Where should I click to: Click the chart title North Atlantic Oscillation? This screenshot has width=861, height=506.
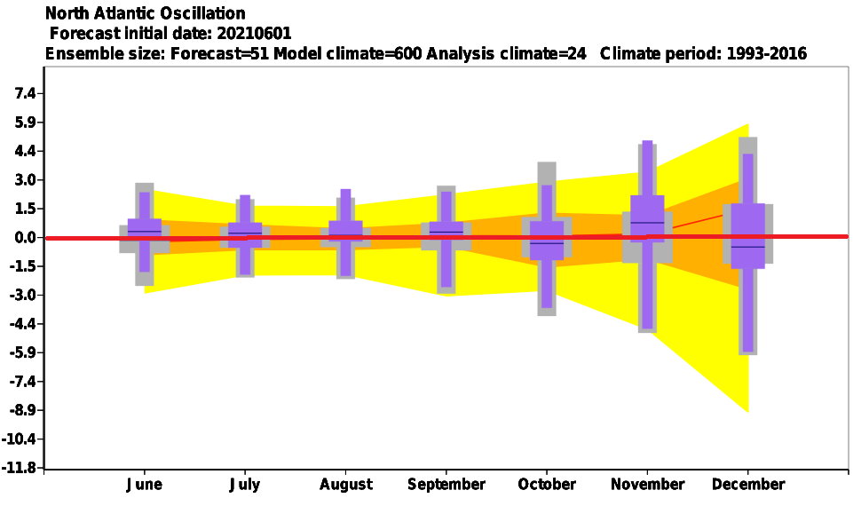coord(145,12)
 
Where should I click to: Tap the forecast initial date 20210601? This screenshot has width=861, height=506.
coord(254,34)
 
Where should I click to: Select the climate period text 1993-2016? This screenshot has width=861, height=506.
coord(767,53)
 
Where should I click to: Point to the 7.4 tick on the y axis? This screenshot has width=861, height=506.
coord(25,93)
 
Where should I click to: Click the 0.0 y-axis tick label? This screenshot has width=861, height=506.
coord(25,237)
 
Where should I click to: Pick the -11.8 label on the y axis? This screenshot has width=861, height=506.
coord(22,468)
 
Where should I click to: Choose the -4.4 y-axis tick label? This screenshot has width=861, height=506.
coord(24,324)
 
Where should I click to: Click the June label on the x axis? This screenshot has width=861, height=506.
coord(145,485)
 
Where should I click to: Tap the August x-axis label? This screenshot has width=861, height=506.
coord(346,485)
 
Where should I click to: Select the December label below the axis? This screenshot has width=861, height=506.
coord(748,485)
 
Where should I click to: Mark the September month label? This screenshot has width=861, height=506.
coord(446,485)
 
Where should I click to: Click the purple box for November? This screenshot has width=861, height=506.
coord(647,218)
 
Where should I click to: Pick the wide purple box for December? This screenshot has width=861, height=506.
coord(748,236)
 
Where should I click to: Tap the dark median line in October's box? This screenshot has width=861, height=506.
coord(547,243)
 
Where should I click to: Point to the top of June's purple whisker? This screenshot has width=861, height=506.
coord(145,193)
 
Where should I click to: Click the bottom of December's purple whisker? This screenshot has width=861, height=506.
coord(748,351)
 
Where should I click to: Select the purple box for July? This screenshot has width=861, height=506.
coord(245,234)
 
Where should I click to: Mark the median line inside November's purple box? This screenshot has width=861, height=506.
coord(647,223)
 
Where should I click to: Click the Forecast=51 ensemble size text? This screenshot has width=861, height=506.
coord(219,53)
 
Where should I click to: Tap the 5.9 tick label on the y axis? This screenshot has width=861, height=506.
coord(25,122)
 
